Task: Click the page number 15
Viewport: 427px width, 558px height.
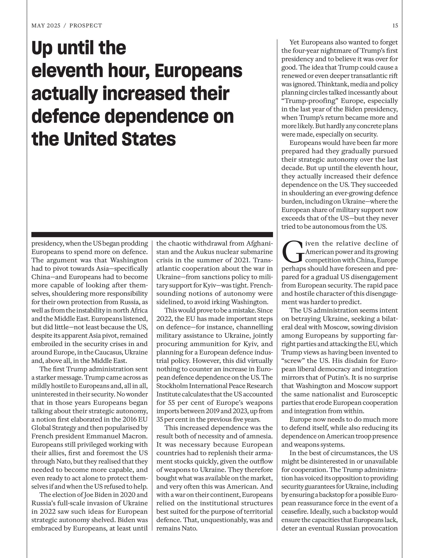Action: click(x=395, y=26)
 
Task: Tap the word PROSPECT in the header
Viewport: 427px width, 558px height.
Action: click(x=86, y=26)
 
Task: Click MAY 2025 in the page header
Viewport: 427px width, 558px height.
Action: click(x=46, y=26)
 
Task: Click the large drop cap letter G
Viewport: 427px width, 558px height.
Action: click(x=292, y=252)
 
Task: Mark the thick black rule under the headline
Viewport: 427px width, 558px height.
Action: click(x=152, y=235)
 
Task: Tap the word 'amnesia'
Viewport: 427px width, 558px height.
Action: click(x=260, y=436)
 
